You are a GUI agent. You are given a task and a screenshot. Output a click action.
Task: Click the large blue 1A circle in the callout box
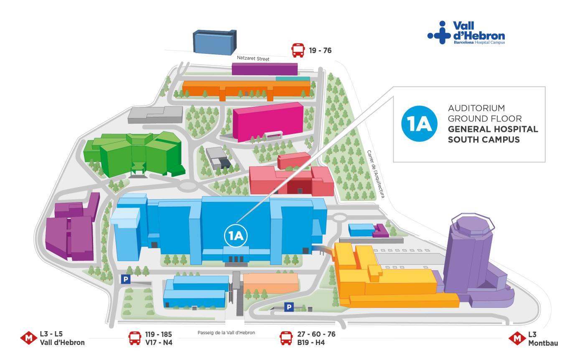coord(420,124)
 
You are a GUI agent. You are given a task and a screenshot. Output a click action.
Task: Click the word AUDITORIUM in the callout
coord(470,108)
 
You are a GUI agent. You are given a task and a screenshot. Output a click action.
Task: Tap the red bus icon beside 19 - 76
coord(298,51)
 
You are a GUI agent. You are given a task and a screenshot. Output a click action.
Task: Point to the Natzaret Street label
coord(253,59)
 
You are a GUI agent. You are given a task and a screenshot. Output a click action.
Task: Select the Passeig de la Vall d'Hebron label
coord(226,333)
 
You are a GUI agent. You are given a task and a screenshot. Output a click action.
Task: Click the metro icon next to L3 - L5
coord(29,338)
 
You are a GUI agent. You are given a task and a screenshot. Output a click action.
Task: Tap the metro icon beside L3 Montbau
coord(517,339)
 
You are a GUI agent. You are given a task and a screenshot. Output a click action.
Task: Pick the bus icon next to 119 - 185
coord(135,338)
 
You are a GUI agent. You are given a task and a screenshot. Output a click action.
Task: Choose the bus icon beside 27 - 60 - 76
coord(286,338)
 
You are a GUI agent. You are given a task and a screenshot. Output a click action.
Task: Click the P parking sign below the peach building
coord(288,307)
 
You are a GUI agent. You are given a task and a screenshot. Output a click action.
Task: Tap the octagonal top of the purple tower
coord(472,223)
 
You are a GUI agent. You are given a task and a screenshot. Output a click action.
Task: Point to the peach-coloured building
coord(271,283)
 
